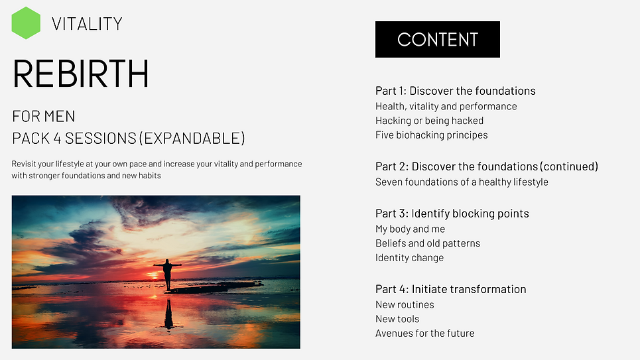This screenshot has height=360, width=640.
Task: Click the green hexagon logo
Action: (26, 23)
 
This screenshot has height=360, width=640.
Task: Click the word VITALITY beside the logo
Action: (87, 24)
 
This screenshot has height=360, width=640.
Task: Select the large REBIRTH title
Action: (80, 74)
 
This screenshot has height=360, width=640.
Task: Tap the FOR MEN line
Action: (44, 116)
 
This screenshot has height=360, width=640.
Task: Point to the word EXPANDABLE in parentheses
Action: (192, 139)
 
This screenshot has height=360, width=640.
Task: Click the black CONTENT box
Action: (438, 39)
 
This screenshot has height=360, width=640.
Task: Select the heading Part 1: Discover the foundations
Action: (456, 91)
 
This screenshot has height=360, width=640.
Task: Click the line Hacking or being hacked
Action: (429, 121)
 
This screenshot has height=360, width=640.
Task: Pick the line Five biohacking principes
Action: (432, 135)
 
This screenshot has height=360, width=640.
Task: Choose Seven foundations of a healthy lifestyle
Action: (462, 182)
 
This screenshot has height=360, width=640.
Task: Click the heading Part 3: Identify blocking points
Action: (452, 213)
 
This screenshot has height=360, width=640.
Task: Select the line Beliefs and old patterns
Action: (428, 243)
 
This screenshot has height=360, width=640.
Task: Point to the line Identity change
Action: (409, 258)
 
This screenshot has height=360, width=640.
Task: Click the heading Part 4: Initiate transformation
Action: (450, 289)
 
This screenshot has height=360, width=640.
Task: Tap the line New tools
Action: (397, 319)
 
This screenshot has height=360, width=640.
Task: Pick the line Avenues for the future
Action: (425, 333)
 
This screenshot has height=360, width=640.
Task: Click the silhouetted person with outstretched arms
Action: (167, 273)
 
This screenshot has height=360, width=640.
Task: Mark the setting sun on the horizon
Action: (155, 276)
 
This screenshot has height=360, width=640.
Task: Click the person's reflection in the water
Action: (168, 314)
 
